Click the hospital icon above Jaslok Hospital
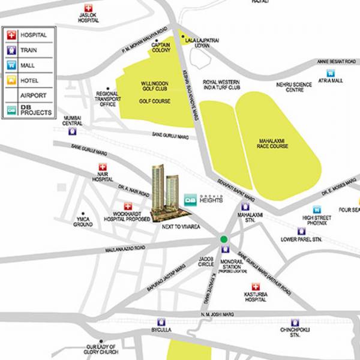coord(89,9)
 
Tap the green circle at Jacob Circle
coord(224,239)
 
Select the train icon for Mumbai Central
coord(73,131)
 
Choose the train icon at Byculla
coord(160,322)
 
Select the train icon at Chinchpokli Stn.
coord(294,322)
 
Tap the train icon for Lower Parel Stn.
coord(301,231)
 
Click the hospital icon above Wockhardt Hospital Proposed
coord(127,206)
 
